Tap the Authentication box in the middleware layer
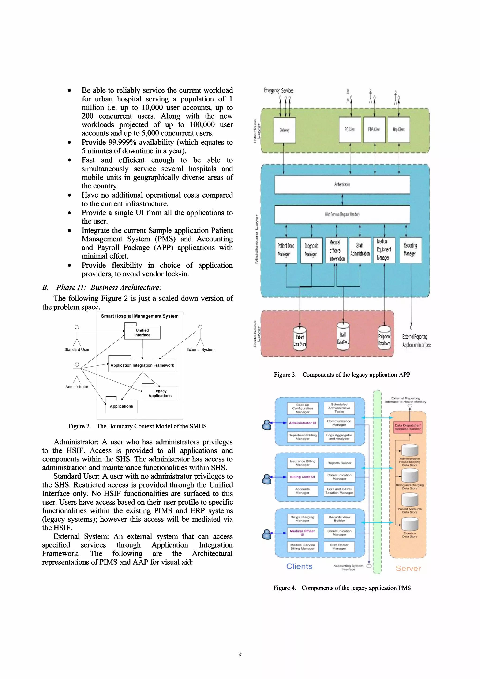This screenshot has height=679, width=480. (x=342, y=184)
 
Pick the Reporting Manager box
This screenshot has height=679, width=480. (x=410, y=250)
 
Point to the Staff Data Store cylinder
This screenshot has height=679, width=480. (x=343, y=338)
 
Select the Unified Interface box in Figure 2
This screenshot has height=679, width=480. (x=142, y=333)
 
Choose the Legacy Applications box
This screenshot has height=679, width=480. (x=160, y=393)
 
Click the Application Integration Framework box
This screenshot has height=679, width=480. (x=142, y=365)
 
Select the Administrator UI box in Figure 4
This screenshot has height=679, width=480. (x=303, y=423)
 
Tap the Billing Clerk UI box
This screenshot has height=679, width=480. (x=303, y=477)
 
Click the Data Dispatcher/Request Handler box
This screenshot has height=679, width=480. (x=408, y=427)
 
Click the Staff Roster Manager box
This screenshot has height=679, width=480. (x=339, y=547)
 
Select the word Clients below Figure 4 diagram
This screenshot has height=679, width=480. (x=299, y=566)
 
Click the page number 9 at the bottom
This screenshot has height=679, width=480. (x=240, y=654)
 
